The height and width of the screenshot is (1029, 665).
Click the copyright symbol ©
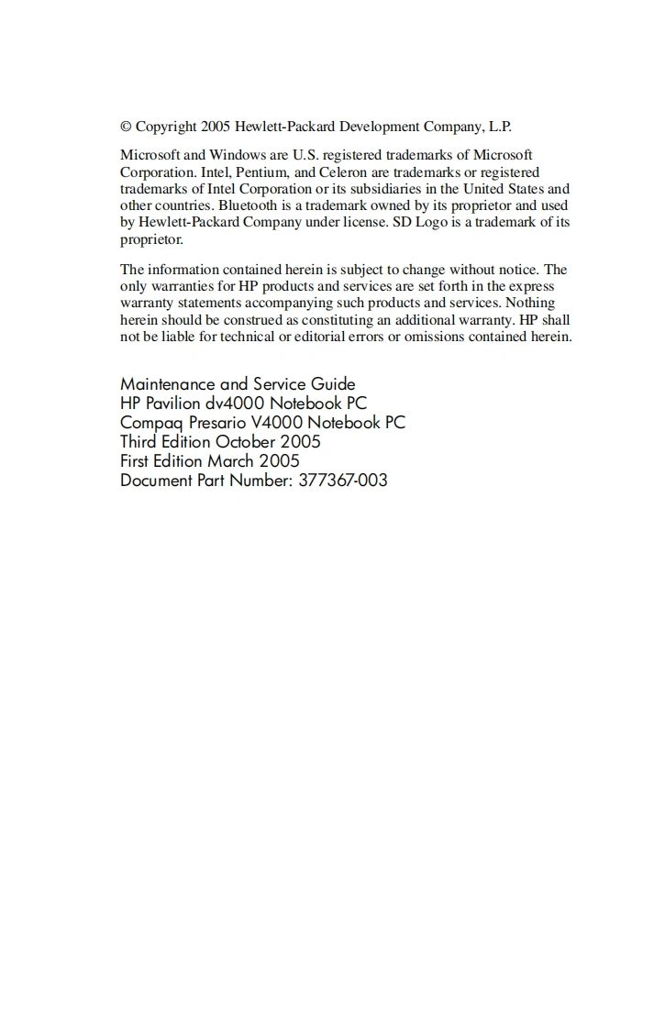point(127,127)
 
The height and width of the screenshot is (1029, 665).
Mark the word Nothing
point(530,303)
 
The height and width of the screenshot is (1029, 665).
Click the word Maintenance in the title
point(168,384)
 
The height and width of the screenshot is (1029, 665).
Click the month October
point(247,441)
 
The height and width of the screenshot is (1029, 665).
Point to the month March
point(230,460)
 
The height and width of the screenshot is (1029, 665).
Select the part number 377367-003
point(343,480)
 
